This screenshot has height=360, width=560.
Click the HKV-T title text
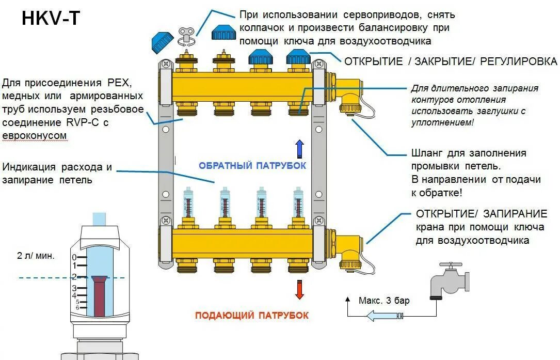(51, 19)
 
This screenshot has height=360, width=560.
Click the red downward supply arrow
(299, 289)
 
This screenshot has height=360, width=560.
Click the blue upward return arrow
(299, 148)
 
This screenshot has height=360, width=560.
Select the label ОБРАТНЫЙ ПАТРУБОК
(252, 165)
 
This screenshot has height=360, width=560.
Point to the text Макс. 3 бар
(384, 301)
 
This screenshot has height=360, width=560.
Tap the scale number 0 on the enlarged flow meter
(74, 257)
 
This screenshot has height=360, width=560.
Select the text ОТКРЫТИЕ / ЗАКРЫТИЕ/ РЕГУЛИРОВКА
(451, 61)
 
